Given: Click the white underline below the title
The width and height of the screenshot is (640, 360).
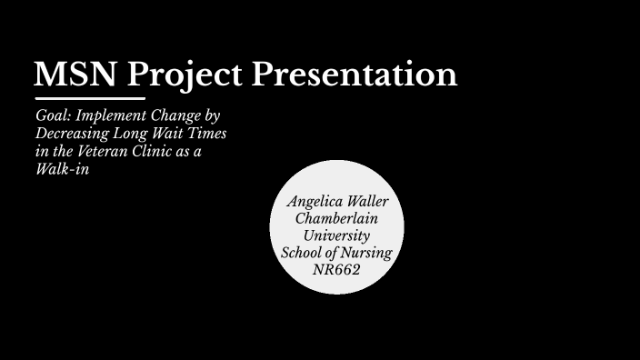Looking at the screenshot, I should coord(90,97).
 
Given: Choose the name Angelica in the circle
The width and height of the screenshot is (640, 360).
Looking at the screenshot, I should coord(315,201).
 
